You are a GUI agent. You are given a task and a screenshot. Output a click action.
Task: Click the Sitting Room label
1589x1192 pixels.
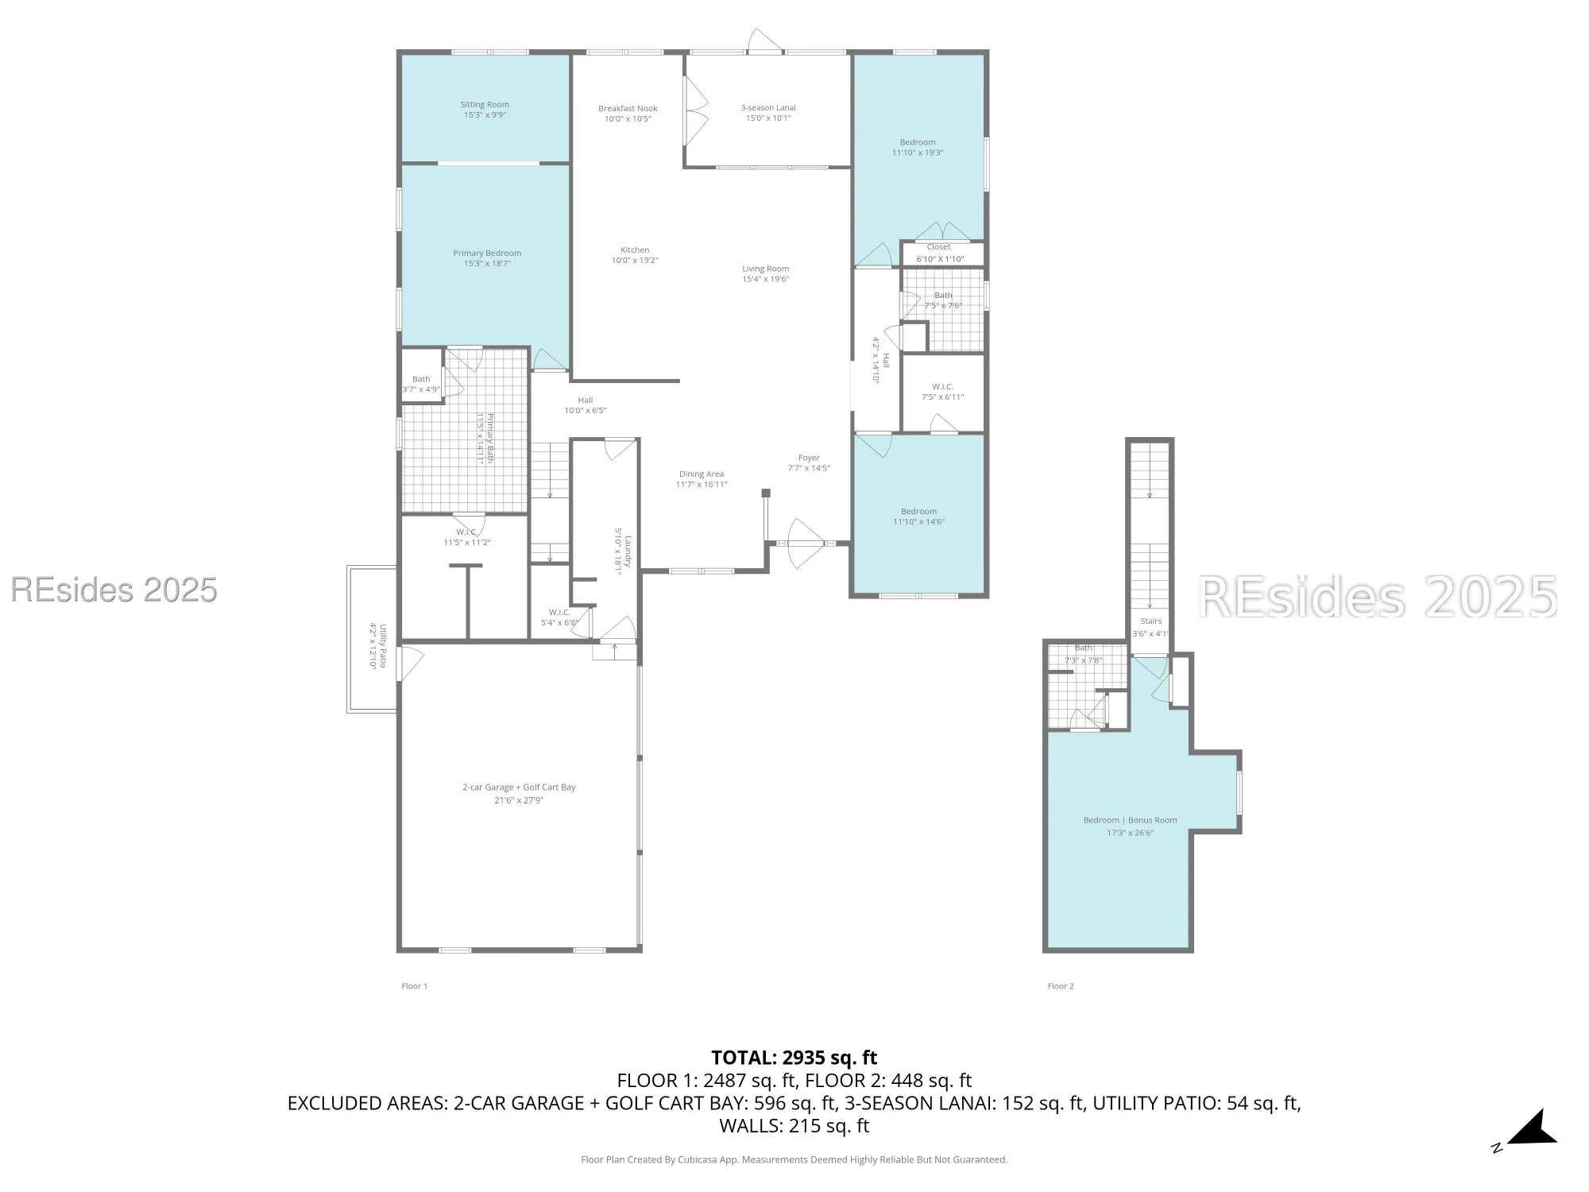click(x=485, y=105)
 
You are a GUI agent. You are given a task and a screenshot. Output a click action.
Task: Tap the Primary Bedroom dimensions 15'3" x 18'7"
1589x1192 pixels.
click(x=487, y=264)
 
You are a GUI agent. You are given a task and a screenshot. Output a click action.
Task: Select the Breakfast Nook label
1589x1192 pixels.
click(x=628, y=109)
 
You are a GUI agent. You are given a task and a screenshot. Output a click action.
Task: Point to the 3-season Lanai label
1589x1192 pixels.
click(x=767, y=108)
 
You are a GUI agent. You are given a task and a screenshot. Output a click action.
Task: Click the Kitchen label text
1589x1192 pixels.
click(x=635, y=250)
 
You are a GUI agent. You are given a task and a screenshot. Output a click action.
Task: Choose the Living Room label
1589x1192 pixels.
click(x=765, y=269)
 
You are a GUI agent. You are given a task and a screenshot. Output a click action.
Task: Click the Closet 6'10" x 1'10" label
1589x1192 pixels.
click(x=938, y=253)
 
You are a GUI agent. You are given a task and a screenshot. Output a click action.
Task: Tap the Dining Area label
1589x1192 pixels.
click(x=701, y=474)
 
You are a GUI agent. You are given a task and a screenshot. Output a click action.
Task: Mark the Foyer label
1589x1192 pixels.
click(x=809, y=458)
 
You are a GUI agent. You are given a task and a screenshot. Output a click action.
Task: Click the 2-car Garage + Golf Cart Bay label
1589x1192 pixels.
click(x=519, y=788)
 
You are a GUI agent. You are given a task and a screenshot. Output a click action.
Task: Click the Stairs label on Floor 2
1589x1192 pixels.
click(x=1150, y=621)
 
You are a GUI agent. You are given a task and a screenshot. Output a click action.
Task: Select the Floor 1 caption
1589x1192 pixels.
click(x=414, y=986)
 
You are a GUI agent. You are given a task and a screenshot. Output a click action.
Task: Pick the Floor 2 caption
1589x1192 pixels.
click(x=1061, y=986)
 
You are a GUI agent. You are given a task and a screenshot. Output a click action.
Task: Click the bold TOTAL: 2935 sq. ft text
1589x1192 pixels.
click(x=794, y=1058)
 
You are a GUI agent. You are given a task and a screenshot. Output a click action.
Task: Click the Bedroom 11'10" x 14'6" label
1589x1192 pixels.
click(x=918, y=517)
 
